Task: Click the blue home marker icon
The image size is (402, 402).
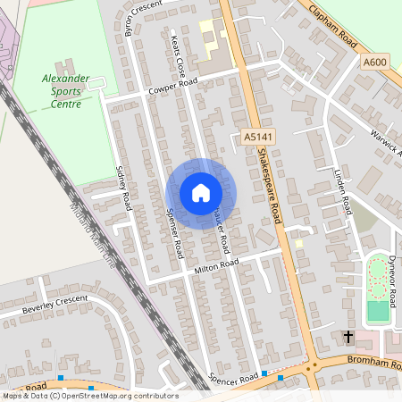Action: [200, 193]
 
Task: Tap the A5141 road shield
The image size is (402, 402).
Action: [256, 137]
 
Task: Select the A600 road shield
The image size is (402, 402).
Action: [376, 61]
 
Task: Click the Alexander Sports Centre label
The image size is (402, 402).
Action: [66, 91]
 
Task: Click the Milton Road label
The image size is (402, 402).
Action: [217, 265]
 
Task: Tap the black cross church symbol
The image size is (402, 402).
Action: [348, 337]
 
